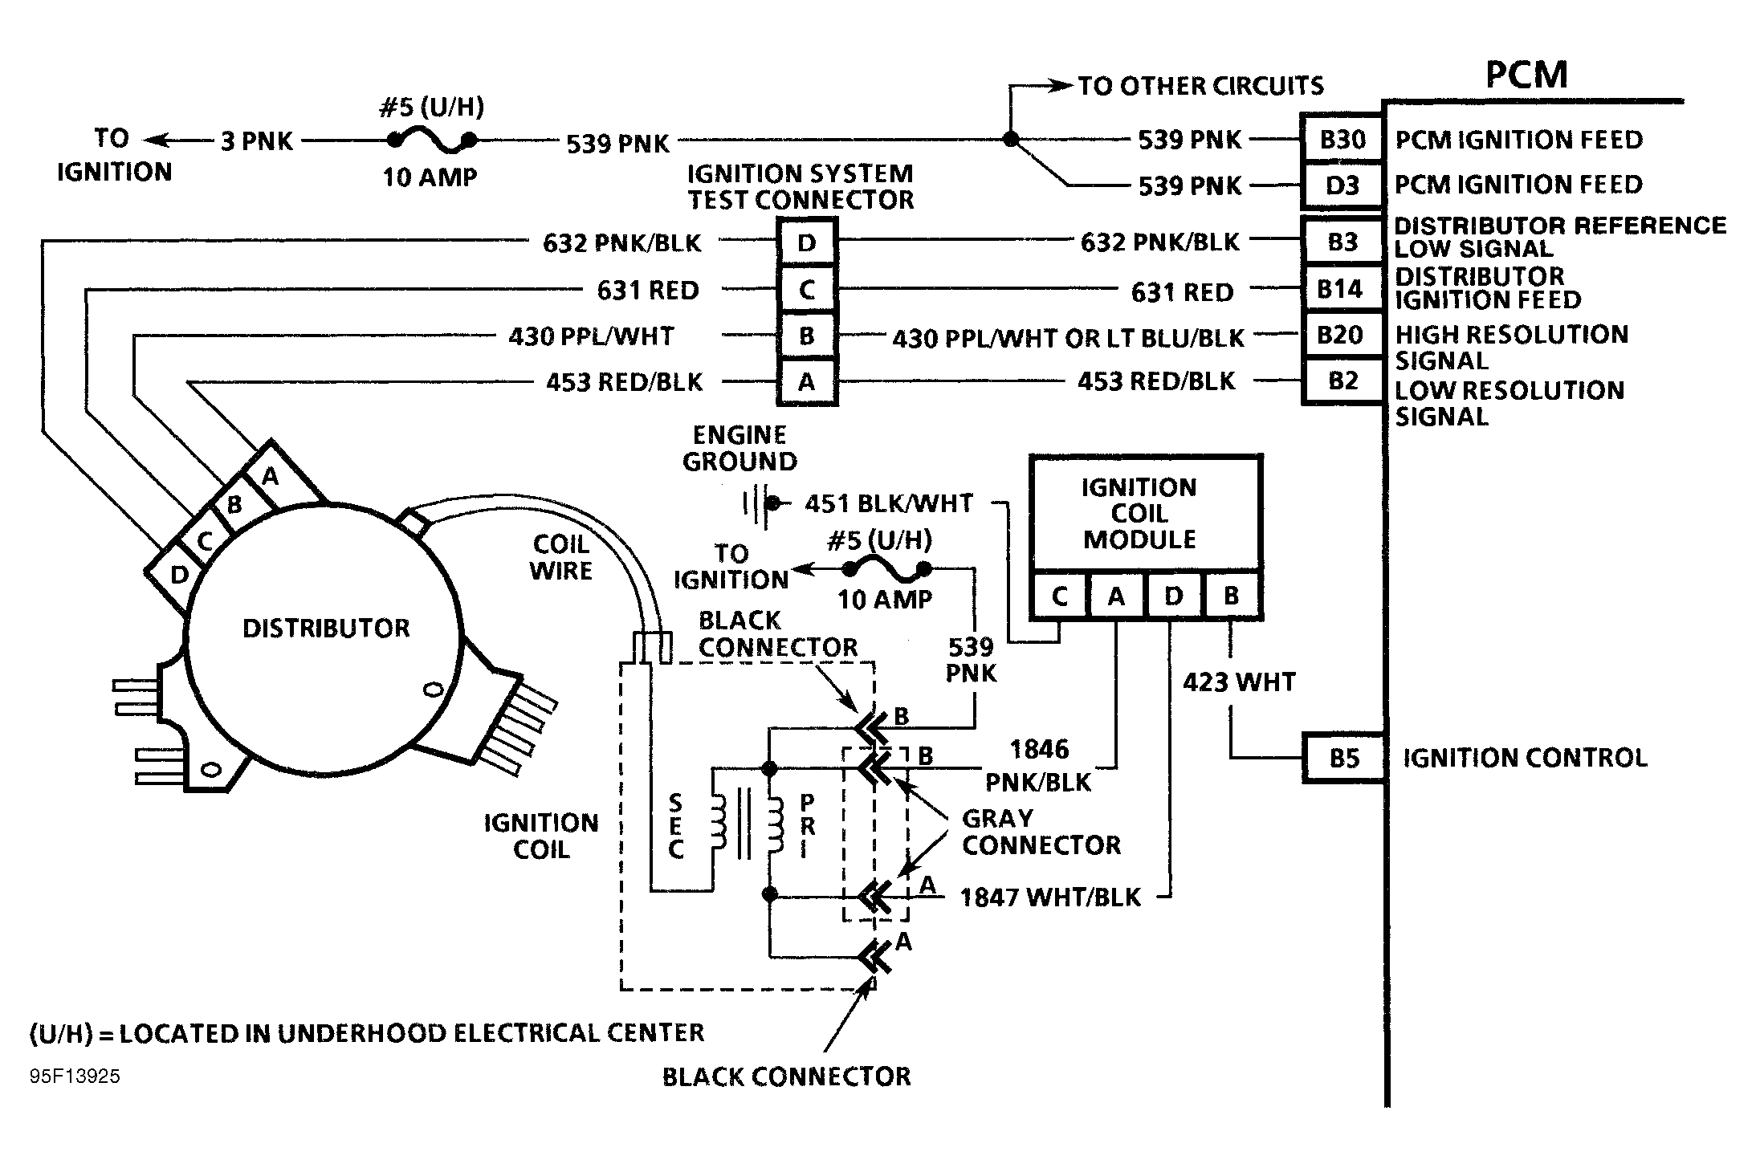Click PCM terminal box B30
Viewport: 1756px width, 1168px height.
pos(1342,140)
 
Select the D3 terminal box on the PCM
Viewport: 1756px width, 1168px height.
pos(1342,185)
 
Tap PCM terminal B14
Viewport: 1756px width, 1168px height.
pos(1340,288)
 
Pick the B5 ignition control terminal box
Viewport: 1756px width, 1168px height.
pos(1343,758)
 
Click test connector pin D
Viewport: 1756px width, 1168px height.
pos(807,242)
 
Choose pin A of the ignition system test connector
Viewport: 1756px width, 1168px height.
pos(807,382)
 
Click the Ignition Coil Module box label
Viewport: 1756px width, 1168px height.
pos(1139,513)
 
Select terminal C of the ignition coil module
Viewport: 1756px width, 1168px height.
pos(1059,596)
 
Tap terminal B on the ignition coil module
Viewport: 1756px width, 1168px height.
pos(1231,596)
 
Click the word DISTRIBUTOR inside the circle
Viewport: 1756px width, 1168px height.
pos(326,628)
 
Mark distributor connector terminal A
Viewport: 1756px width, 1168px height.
pos(271,477)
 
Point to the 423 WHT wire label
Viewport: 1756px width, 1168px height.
pos(1239,682)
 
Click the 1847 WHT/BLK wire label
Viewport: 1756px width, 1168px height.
pos(1050,897)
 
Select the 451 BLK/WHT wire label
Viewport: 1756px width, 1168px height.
pos(888,503)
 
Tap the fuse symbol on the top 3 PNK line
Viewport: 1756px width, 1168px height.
pos(432,141)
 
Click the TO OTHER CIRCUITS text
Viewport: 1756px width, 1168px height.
pos(1200,86)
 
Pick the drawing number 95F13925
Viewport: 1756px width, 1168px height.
pos(75,1076)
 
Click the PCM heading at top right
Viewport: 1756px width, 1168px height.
pos(1526,75)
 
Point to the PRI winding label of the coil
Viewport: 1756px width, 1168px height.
pos(807,826)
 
